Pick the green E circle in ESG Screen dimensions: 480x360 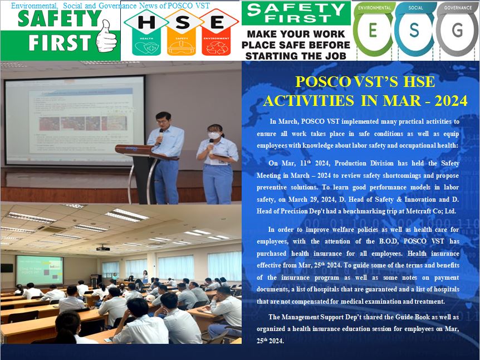click(x=373, y=30)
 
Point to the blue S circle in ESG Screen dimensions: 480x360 click(x=414, y=30)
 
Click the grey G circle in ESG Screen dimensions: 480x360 click(x=457, y=30)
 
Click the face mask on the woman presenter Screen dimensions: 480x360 click(x=214, y=135)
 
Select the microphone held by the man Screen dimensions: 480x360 click(x=160, y=136)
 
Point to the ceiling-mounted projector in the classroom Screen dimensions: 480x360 click(x=103, y=248)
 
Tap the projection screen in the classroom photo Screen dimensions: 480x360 click(x=40, y=270)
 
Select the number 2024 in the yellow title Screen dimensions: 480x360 click(x=451, y=100)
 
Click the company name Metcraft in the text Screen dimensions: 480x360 click(x=419, y=211)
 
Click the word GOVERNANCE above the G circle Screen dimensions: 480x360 click(x=458, y=8)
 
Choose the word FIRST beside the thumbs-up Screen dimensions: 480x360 click(x=60, y=42)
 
